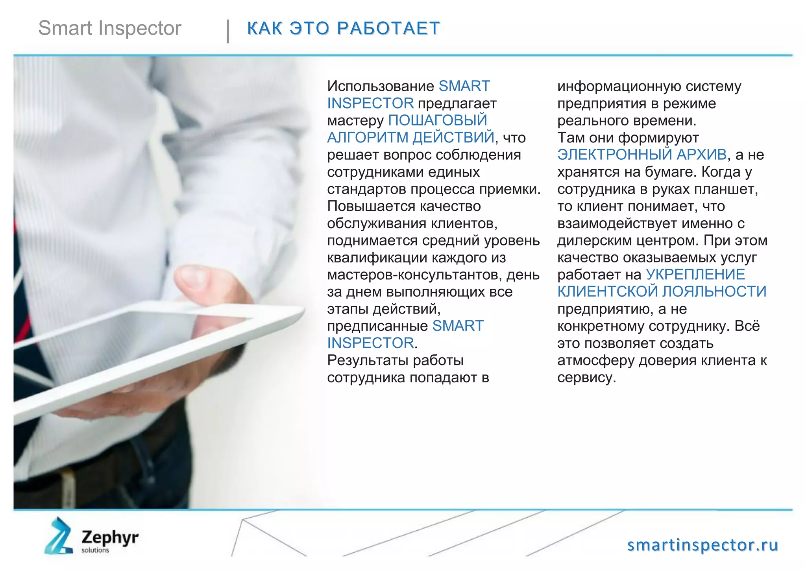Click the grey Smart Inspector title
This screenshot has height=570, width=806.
click(x=110, y=28)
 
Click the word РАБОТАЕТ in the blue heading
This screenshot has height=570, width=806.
click(x=388, y=28)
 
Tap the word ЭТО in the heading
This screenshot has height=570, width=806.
click(x=309, y=28)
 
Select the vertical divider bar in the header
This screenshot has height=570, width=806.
click(x=228, y=31)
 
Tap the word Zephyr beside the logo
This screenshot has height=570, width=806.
click(x=110, y=537)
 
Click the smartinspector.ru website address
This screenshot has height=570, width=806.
click(x=702, y=545)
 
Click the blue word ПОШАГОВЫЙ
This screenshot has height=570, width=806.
click(x=438, y=120)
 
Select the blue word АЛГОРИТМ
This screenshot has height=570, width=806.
click(x=368, y=138)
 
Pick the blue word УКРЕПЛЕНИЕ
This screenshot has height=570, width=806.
click(x=695, y=275)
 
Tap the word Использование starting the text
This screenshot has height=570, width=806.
click(x=380, y=86)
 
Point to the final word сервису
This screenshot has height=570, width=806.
click(x=586, y=378)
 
